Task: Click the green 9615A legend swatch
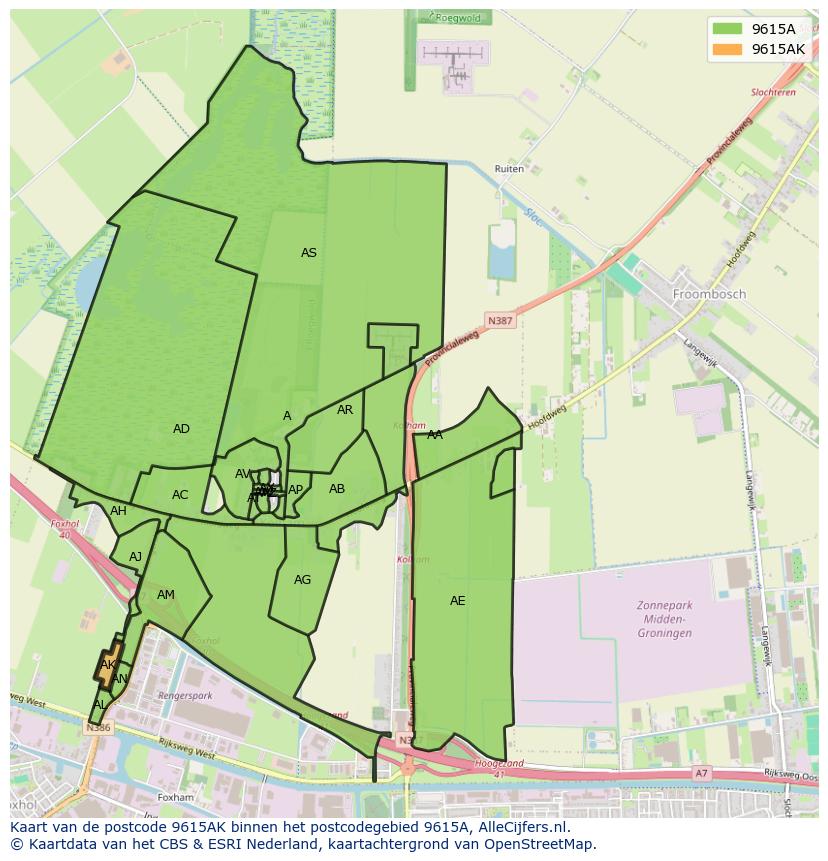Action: (728, 29)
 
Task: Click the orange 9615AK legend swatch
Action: (728, 49)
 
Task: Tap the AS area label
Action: (309, 253)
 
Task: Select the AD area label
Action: (181, 429)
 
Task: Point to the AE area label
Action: (457, 601)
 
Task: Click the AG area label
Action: (302, 580)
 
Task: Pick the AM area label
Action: (166, 595)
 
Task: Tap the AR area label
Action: (345, 410)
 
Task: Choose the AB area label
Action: (337, 489)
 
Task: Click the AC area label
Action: (180, 495)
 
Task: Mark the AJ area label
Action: (136, 557)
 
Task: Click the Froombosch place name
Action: (708, 295)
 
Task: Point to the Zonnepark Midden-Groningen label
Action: (664, 619)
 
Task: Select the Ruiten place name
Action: (509, 169)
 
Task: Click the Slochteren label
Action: (773, 92)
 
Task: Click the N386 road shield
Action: (98, 728)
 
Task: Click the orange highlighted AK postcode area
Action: (108, 665)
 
